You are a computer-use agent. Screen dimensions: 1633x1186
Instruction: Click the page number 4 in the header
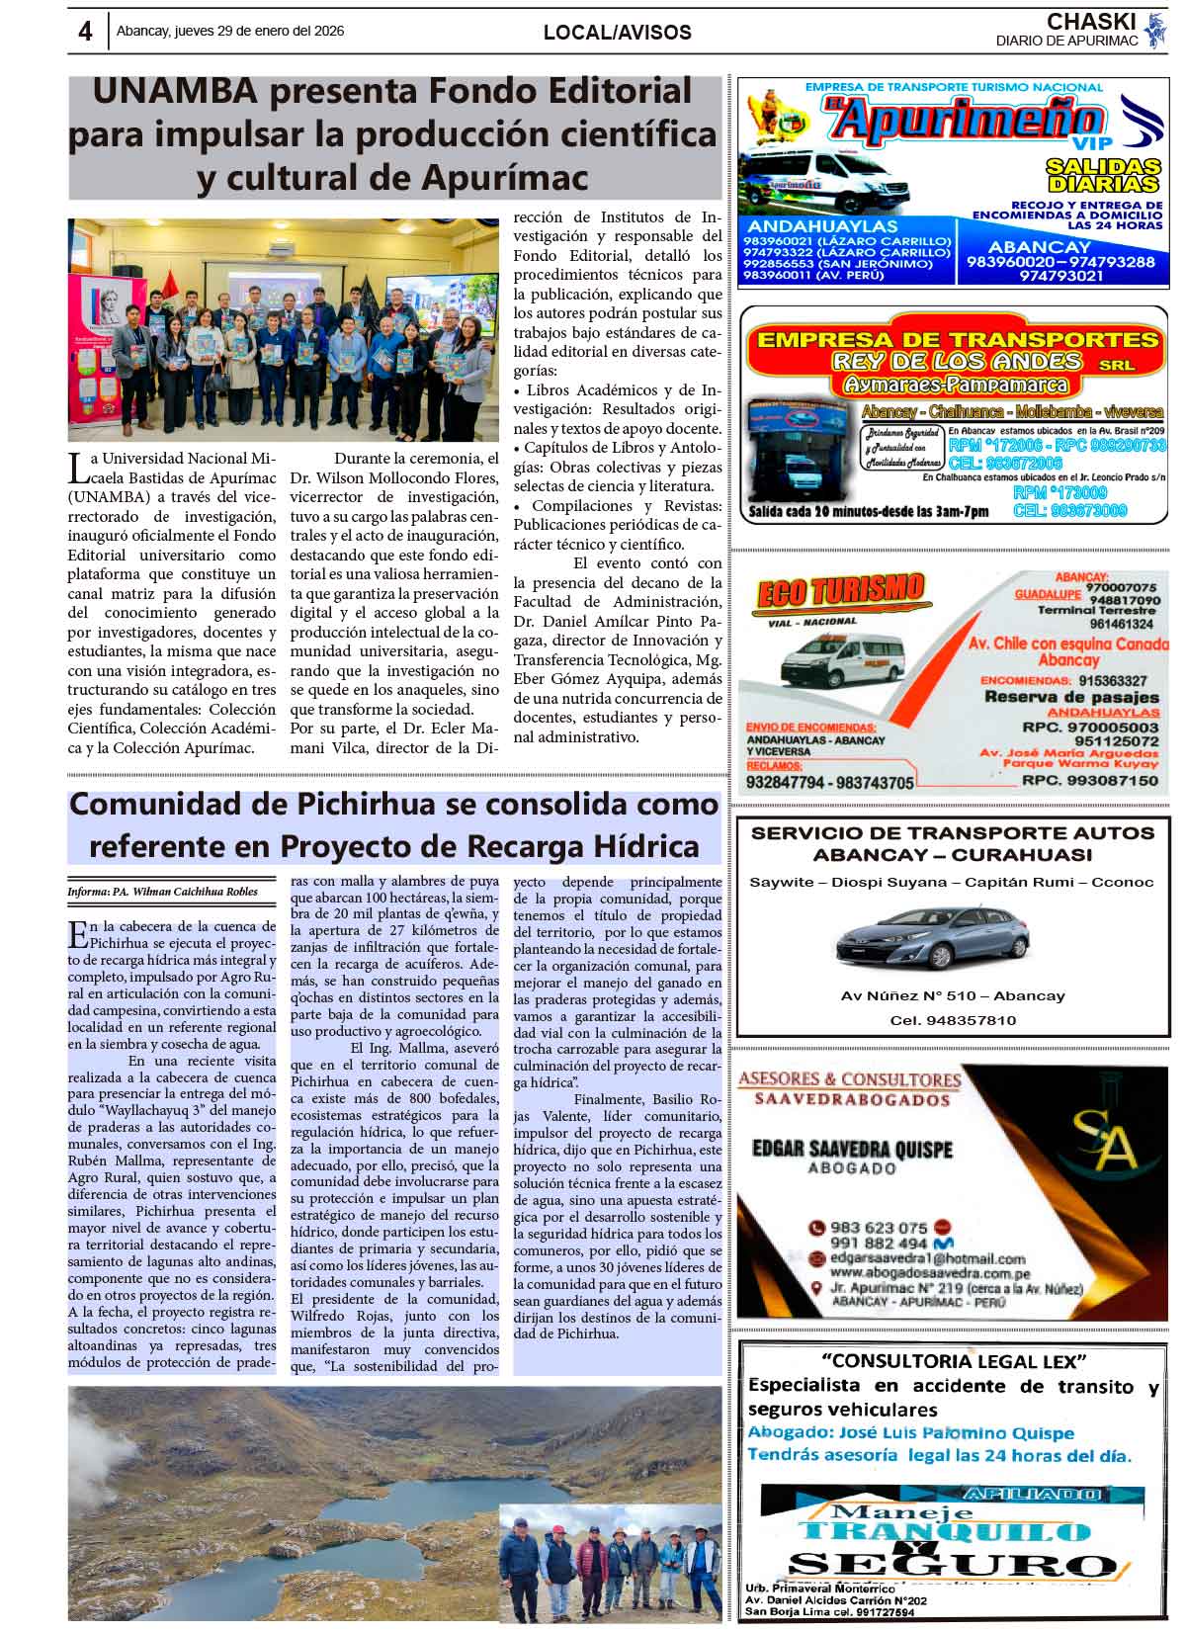click(85, 32)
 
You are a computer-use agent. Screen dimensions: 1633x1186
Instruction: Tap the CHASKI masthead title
click(1090, 22)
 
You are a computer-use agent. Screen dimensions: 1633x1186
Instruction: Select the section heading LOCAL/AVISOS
click(617, 33)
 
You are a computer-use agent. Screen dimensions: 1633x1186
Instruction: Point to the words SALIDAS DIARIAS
click(1103, 175)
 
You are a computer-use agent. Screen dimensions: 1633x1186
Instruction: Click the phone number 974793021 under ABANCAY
click(1060, 277)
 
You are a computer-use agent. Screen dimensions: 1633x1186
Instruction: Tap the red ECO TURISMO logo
click(840, 592)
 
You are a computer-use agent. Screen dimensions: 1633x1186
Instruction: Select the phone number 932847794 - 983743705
click(829, 782)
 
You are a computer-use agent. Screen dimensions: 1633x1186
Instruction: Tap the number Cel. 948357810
click(952, 1020)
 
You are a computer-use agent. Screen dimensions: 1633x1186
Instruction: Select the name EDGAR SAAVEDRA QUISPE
click(852, 1149)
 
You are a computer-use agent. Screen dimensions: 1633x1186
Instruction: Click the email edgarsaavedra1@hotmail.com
click(927, 1258)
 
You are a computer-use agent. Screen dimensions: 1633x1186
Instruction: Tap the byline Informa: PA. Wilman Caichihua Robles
click(162, 892)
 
